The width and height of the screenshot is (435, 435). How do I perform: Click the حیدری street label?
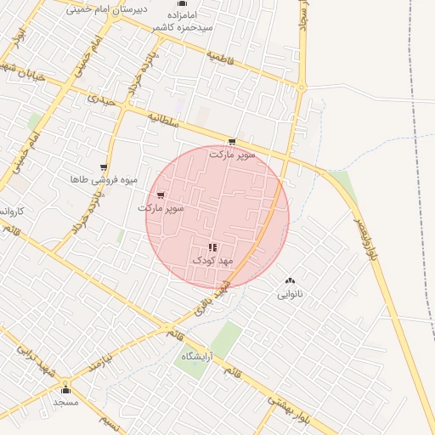point(99,99)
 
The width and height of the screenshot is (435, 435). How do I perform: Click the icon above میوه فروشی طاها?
point(103,167)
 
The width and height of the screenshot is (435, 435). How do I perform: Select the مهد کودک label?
point(210,260)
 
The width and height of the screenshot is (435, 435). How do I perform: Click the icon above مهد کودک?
point(212,247)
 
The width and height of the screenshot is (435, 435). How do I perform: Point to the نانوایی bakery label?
point(290,295)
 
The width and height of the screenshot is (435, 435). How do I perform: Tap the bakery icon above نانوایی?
point(290,281)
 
